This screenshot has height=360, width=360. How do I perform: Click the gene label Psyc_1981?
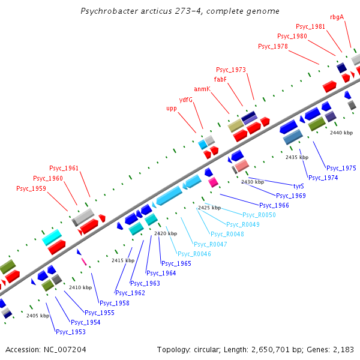pyautogui.click(x=310, y=26)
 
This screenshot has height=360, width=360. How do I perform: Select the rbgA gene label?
pyautogui.click(x=337, y=17)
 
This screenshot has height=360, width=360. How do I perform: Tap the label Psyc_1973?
pyautogui.click(x=231, y=70)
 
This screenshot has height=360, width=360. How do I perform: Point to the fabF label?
pyautogui.click(x=220, y=79)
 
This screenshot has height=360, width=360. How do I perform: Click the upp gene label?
pyautogui.click(x=172, y=109)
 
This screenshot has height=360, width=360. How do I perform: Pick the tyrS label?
pyautogui.click(x=298, y=186)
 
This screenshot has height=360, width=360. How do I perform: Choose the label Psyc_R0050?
pyautogui.click(x=259, y=215)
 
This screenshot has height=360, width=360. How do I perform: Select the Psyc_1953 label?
pyautogui.click(x=71, y=332)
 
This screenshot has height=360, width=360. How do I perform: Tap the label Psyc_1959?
pyautogui.click(x=31, y=188)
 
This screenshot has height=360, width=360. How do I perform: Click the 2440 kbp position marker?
pyautogui.click(x=341, y=133)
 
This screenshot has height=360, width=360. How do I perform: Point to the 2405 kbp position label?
pyautogui.click(x=38, y=316)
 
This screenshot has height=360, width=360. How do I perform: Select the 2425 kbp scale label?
pyautogui.click(x=209, y=208)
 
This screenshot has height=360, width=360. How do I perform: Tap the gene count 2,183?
pyautogui.click(x=343, y=349)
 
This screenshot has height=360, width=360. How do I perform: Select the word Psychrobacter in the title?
pyautogui.click(x=108, y=11)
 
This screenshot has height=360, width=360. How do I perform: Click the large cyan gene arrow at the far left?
pyautogui.click(x=53, y=237)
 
